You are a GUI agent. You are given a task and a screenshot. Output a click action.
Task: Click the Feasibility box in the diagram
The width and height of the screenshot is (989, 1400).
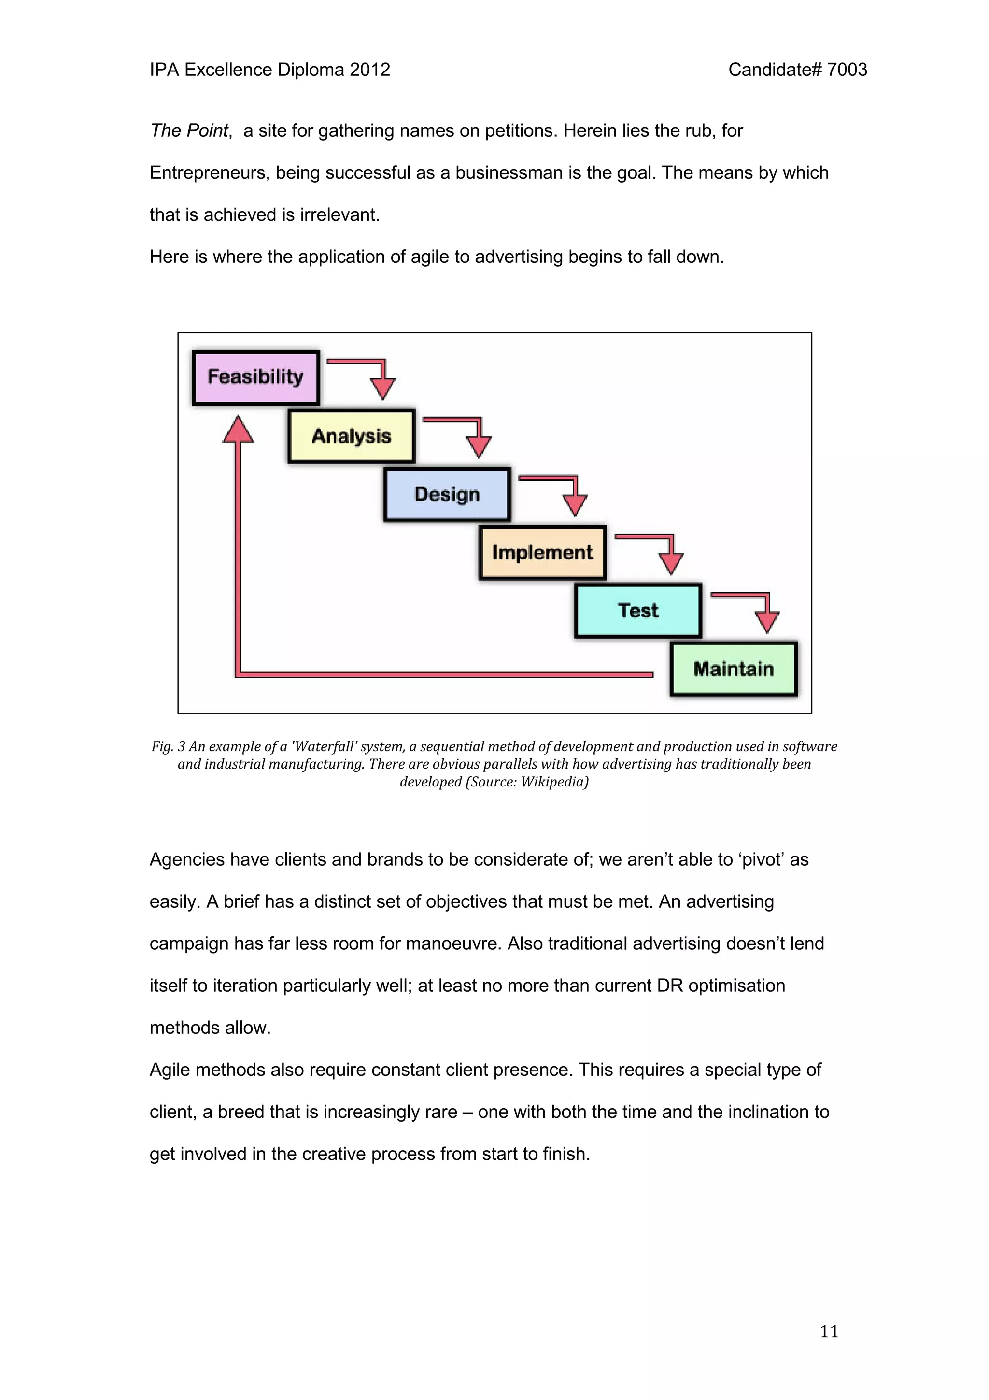[x=255, y=377]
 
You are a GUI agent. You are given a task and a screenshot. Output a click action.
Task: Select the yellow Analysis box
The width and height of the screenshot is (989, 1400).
[x=351, y=436]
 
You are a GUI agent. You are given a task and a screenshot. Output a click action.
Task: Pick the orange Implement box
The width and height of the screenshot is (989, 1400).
[x=542, y=553]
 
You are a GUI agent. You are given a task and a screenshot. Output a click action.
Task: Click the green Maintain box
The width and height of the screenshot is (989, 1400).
[x=733, y=669]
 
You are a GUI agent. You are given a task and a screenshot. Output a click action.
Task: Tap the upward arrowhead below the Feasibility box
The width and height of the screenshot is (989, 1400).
[x=238, y=429]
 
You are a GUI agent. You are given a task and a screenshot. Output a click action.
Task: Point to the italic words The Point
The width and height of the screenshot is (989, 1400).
[x=189, y=131]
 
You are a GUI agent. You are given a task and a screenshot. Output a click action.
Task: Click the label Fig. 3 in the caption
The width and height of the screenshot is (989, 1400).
[x=168, y=746]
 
